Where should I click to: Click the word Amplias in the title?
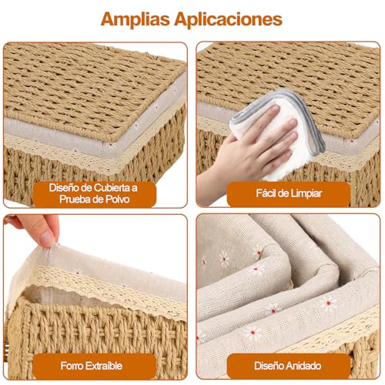138,18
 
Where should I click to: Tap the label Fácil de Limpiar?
288,192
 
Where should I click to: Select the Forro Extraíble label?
95,367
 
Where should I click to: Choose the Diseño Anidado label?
288,367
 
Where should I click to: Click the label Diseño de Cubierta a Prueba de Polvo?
95,192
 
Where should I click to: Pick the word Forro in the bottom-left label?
74,367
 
